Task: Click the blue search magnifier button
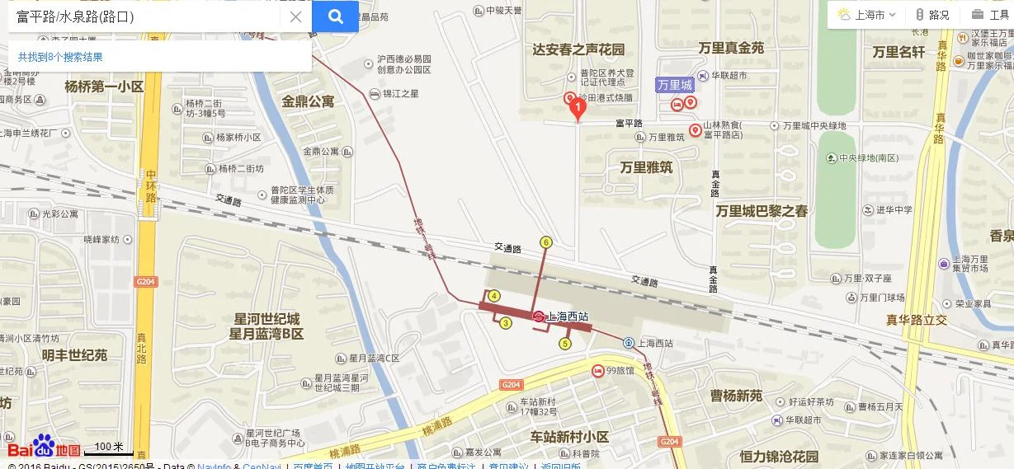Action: click(335, 16)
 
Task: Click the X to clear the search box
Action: click(295, 16)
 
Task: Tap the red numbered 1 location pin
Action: click(578, 105)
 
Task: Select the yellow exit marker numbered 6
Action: click(545, 242)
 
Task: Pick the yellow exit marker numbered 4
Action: click(494, 296)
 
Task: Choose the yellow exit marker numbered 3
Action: click(506, 322)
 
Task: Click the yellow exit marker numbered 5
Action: click(565, 344)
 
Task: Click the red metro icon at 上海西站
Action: click(538, 317)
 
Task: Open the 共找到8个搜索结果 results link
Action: click(60, 57)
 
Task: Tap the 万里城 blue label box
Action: click(675, 85)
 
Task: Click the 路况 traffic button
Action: click(932, 15)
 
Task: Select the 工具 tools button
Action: click(990, 15)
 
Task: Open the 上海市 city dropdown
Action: click(866, 15)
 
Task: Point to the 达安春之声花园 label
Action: click(578, 49)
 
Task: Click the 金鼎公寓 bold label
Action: click(308, 101)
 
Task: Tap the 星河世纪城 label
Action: click(266, 319)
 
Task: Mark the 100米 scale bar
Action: click(108, 449)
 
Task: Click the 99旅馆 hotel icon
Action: click(597, 371)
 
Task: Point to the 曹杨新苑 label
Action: click(736, 396)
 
